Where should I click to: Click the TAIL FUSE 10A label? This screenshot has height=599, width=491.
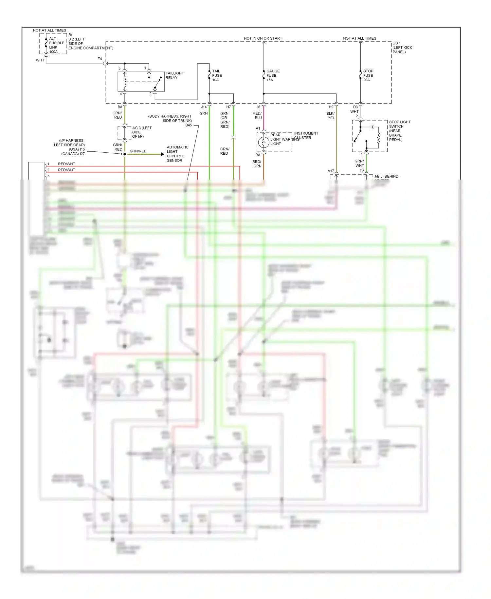pos(217,75)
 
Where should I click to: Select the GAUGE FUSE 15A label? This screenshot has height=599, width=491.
pos(273,75)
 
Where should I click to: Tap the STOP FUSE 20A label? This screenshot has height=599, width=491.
pos(368,75)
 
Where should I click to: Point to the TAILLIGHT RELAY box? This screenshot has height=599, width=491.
pos(141,81)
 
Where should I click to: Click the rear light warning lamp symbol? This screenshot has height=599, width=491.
pos(264,143)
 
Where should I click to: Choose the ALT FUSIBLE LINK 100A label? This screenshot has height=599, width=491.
pos(56,45)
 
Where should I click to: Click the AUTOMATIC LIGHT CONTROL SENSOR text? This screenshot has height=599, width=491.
pos(177,154)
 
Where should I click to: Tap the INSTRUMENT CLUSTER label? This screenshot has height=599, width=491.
pos(306,135)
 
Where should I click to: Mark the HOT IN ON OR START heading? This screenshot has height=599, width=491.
pos(263,38)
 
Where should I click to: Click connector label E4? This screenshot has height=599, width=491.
pos(100,59)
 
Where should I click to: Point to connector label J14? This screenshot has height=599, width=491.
pos(204,107)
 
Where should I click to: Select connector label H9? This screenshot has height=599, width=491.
pos(331,107)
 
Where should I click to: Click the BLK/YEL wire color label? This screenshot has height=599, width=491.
pos(331,116)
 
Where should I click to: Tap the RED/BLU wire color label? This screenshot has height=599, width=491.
pos(257,115)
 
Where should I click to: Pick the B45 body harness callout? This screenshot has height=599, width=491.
pos(189,125)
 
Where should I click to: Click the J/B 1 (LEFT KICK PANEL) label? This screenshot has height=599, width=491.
pos(402,48)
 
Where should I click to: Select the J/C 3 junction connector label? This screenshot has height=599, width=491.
pos(141,132)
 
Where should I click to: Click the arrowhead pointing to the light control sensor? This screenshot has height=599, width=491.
pos(163,154)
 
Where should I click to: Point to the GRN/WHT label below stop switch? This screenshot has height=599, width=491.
pos(359,163)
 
